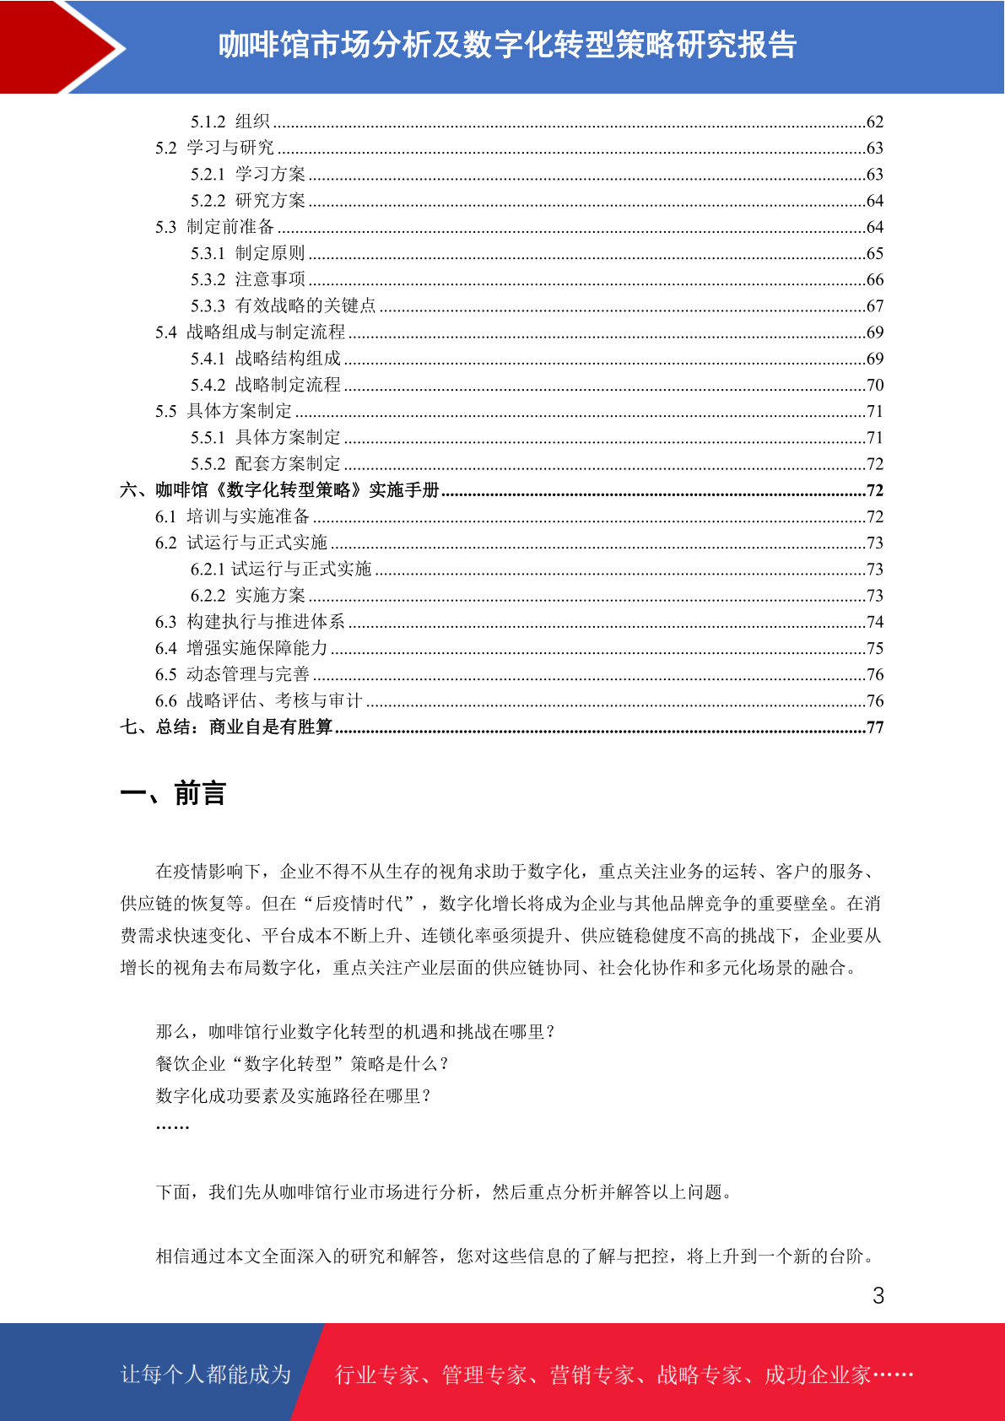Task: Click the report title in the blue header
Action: click(507, 46)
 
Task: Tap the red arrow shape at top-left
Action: click(51, 46)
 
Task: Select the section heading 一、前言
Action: click(173, 794)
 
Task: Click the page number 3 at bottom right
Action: click(878, 1296)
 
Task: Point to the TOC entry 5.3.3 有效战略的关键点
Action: click(283, 305)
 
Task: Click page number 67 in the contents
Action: click(875, 306)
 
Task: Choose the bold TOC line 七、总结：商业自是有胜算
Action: click(226, 727)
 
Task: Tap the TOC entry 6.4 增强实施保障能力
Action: click(240, 648)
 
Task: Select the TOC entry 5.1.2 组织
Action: click(230, 122)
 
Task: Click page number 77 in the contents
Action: click(875, 727)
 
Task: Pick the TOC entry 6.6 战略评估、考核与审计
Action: click(258, 700)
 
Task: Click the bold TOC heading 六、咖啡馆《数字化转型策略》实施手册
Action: click(279, 490)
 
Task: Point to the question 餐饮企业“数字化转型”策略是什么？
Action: click(302, 1063)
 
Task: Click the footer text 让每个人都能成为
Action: click(206, 1375)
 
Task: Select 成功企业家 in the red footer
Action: click(817, 1375)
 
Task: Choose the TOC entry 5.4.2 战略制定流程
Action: click(265, 385)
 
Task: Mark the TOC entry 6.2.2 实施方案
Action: click(247, 596)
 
